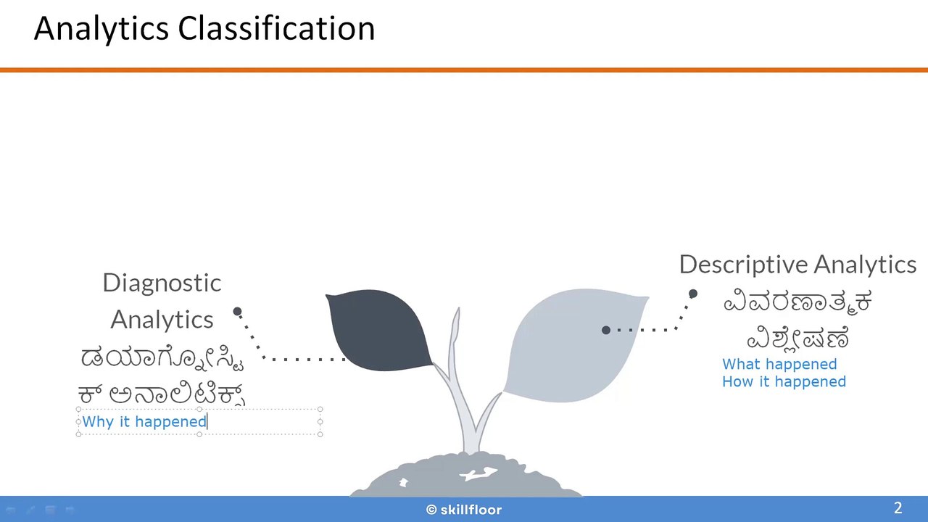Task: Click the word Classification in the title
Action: coord(276,29)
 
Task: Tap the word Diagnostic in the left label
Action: coord(162,283)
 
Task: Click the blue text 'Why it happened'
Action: coord(144,422)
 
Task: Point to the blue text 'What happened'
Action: coord(779,364)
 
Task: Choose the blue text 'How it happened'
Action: coord(783,382)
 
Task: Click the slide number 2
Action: coord(898,508)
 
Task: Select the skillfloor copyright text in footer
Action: coord(464,510)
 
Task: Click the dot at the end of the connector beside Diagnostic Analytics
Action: coord(237,312)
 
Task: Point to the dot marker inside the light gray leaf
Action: coord(606,330)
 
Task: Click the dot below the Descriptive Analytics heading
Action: coord(693,294)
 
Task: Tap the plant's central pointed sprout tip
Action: coord(457,313)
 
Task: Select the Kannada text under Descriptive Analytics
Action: coord(797,320)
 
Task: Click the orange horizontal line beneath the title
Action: coord(464,70)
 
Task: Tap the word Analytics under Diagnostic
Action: coord(162,320)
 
